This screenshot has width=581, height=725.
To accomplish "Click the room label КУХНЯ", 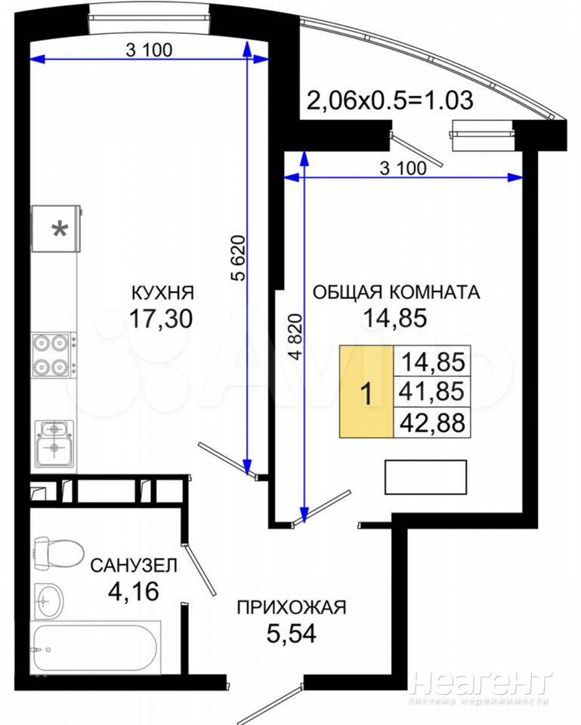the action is point(163,293).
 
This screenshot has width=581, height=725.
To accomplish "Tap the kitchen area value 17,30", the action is point(161,319).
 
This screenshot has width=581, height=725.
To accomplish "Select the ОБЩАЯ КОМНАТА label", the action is point(397,292).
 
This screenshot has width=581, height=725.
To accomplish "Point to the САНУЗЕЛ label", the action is point(134,565).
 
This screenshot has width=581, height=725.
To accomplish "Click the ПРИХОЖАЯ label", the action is point(292,607).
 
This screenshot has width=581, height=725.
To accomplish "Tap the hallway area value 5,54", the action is point(292,634).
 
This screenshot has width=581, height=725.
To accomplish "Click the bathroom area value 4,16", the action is point(133,591).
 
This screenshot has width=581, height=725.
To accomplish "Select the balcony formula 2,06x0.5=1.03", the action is point(391,100).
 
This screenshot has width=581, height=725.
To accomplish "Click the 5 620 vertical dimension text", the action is point(238,258).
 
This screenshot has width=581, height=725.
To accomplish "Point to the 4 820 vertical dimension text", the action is point(295,337).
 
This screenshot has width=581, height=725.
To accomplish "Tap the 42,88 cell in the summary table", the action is point(432,422).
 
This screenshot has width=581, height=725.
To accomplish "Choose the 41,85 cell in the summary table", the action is point(432,392).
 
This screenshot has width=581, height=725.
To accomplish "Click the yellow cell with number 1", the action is point(367,392).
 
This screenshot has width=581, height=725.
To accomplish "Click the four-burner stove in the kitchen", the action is point(52,356).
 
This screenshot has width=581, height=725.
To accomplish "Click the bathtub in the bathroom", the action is point(96,648).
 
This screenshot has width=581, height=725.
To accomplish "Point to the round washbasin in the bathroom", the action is point(48,600).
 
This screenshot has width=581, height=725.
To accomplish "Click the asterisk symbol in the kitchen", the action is point(59,229).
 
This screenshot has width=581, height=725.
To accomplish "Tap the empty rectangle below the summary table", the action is point(425,477).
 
